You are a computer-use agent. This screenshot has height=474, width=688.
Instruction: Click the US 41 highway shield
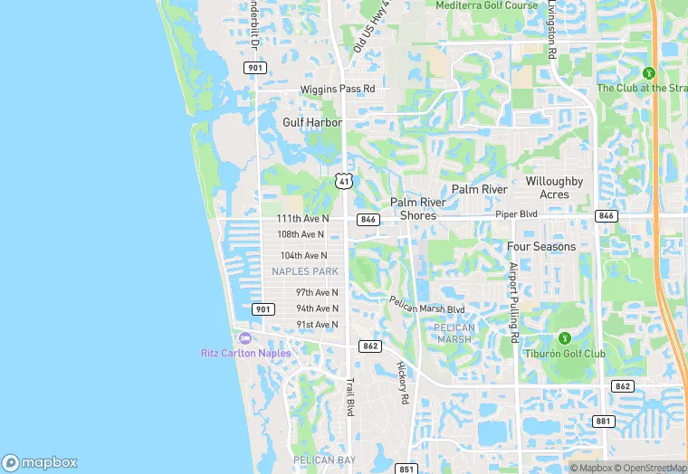[x=343, y=181]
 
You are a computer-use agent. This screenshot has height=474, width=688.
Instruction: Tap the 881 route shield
[x=604, y=422]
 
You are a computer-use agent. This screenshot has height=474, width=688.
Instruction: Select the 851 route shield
[x=406, y=469]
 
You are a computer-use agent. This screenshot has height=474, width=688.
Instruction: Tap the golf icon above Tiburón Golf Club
[x=564, y=338]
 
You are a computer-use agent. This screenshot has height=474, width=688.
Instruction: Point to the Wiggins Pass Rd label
[x=337, y=90]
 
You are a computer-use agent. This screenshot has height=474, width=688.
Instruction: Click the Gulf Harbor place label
[x=312, y=122]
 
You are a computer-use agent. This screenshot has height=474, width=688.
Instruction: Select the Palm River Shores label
[x=417, y=209]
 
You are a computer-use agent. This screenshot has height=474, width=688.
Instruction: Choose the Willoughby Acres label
[x=554, y=187]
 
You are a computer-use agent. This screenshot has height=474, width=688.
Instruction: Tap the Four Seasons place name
[x=541, y=246]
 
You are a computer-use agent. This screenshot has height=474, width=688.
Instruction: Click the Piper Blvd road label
[x=516, y=214]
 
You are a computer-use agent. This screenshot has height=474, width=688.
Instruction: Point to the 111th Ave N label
[x=303, y=219]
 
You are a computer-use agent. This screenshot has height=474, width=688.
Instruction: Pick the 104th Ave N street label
[x=303, y=256]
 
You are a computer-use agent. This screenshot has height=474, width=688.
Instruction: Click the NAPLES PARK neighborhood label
[x=304, y=271]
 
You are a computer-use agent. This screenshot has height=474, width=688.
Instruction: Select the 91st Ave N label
[x=317, y=325]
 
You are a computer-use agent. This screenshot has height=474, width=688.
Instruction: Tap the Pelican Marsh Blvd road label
[x=426, y=305]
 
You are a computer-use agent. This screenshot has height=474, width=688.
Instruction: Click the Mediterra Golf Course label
[x=486, y=5]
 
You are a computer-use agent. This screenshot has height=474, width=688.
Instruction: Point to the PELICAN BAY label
[x=316, y=460]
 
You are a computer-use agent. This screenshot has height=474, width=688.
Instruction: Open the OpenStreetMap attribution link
[x=650, y=468]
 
